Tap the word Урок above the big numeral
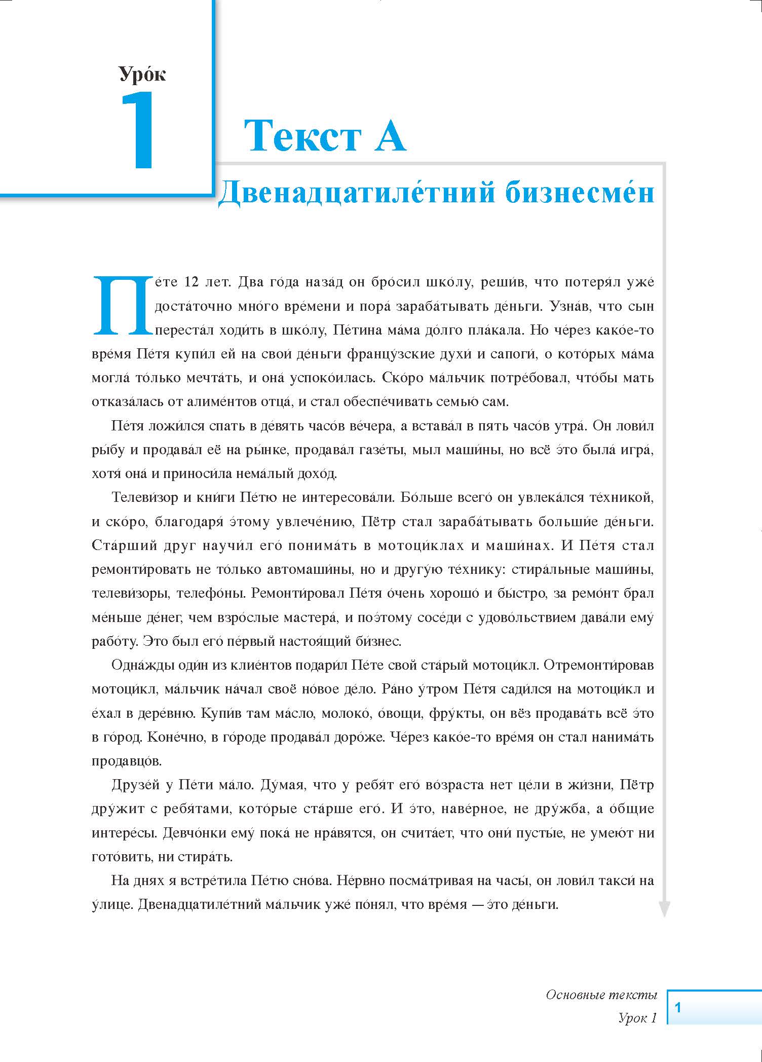click(142, 74)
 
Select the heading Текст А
click(325, 136)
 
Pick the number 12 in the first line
click(192, 282)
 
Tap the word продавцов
click(127, 761)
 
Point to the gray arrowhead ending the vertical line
click(664, 909)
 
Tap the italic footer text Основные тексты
click(601, 995)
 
